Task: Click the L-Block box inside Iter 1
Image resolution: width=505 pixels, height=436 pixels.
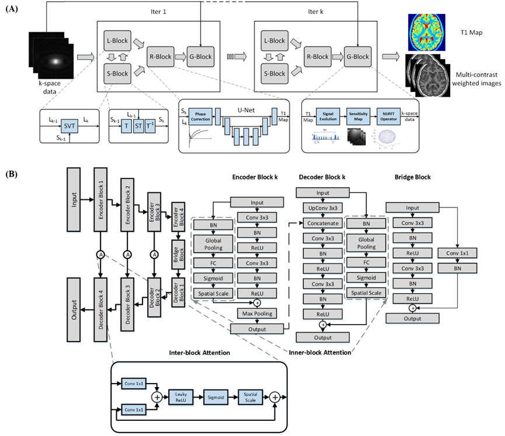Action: tap(117, 41)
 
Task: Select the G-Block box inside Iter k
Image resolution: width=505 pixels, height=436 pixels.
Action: tap(357, 57)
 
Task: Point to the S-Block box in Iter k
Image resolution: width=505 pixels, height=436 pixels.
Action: tap(274, 73)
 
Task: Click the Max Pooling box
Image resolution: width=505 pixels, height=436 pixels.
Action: tap(257, 314)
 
